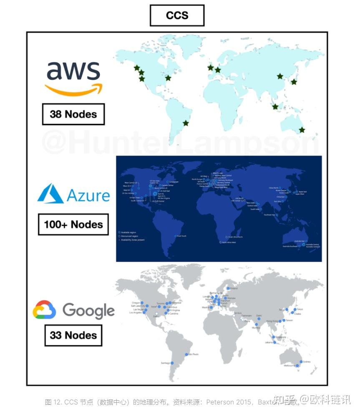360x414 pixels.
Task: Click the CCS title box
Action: coord(177,15)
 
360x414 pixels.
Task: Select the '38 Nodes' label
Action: coord(73,114)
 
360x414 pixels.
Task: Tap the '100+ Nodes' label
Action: coord(73,224)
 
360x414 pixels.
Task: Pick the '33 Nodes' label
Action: coord(73,335)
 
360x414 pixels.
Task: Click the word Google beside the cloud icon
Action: coord(88,311)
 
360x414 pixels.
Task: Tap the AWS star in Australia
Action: coord(302,130)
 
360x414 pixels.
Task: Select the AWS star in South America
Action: coord(186,123)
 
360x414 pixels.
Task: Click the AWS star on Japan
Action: coord(294,82)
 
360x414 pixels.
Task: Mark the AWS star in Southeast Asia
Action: coord(275,106)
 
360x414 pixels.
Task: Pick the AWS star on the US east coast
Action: coord(168,78)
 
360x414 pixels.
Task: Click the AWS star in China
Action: coord(279,76)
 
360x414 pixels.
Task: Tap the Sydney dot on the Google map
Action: coord(300,362)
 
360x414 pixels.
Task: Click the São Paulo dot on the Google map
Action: coord(186,355)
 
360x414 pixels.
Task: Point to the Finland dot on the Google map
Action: coord(228,288)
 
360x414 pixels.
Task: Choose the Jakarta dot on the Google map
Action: coord(275,342)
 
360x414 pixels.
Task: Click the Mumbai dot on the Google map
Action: coord(255,324)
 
